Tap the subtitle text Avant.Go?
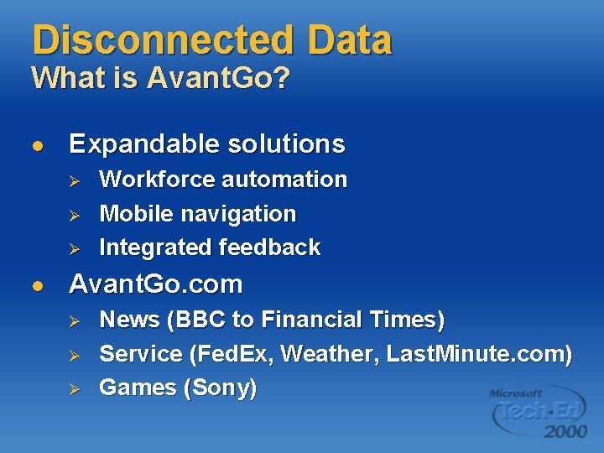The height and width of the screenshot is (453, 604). click(x=218, y=80)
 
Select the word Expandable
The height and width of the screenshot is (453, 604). click(x=133, y=144)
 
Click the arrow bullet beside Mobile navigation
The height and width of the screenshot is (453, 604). click(x=73, y=215)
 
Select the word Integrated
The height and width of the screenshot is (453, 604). click(x=156, y=247)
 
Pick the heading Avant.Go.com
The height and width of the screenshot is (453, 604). click(x=155, y=285)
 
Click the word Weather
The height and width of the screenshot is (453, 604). click(x=331, y=354)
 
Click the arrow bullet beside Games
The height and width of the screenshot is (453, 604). click(x=73, y=388)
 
